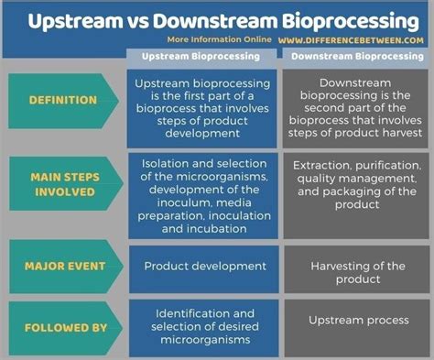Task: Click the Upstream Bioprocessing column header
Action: (x=203, y=57)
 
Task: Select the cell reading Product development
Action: (x=204, y=267)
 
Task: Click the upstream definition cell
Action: (x=204, y=109)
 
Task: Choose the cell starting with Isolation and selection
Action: (x=204, y=195)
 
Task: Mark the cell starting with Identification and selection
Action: (x=204, y=326)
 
